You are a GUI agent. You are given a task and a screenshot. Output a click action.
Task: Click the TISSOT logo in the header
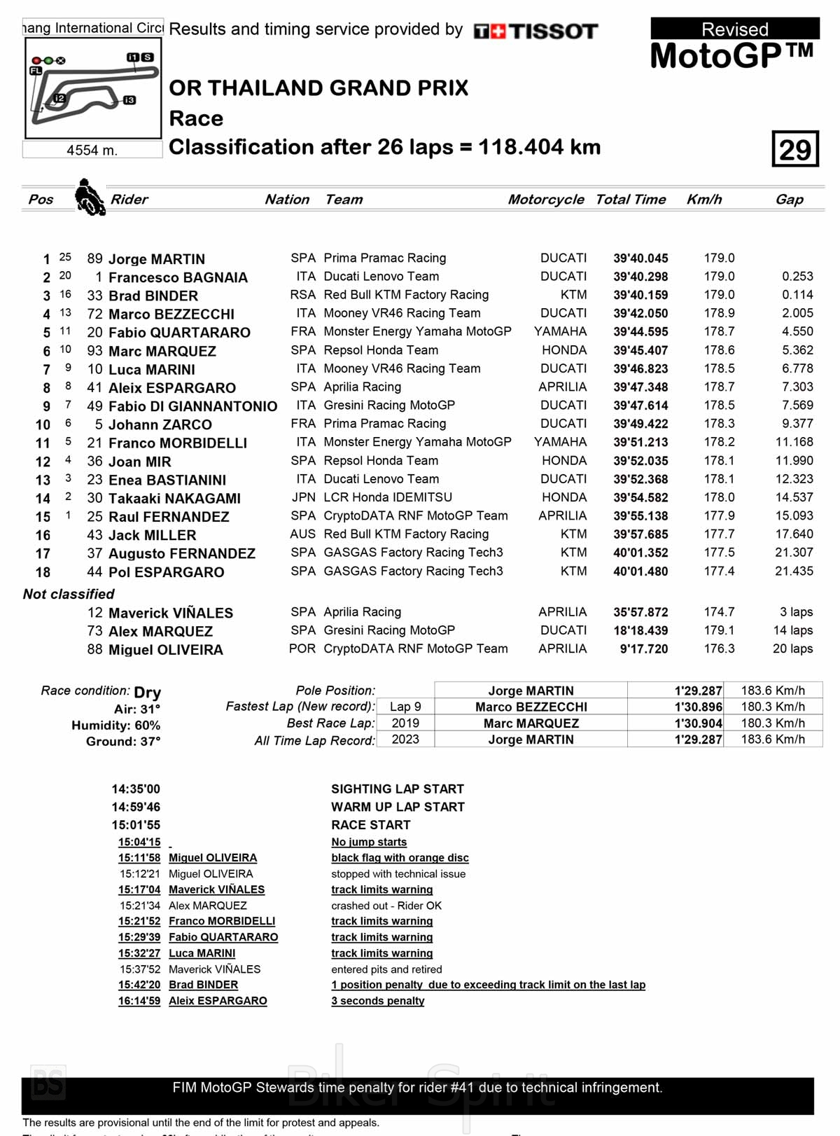pos(536,31)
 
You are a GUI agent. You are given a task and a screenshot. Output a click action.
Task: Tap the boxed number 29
pos(795,149)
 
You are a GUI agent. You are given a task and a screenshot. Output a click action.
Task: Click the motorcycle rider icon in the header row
pos(90,198)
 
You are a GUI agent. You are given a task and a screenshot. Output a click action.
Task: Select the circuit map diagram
pos(93,88)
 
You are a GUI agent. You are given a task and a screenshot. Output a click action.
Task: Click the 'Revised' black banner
pos(735,29)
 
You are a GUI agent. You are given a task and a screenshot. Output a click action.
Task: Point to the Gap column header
pos(789,200)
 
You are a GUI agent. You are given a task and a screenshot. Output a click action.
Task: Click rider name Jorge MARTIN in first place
pos(156,259)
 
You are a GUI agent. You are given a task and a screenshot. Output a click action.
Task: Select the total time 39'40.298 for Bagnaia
pos(640,277)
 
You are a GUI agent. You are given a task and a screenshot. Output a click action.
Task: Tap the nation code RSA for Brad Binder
pos(302,295)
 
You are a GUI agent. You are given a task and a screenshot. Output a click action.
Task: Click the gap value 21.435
pos(794,571)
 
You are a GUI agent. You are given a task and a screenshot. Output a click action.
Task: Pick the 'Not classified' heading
pos(69,594)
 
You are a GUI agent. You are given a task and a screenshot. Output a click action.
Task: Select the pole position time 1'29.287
pos(698,691)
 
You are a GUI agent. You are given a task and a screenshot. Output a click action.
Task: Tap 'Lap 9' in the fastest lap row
pos(405,707)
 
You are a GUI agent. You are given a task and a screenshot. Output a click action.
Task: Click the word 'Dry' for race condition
pos(147,692)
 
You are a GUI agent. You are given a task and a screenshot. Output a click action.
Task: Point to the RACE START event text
pos(371,825)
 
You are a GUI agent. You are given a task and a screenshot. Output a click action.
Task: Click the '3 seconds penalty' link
pos(377,1001)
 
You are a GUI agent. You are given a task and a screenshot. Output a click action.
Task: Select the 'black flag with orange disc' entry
pos(400,858)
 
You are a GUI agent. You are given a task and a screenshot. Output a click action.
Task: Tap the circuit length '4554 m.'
pos(92,150)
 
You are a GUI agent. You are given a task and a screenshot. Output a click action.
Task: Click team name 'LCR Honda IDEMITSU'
pos(388,497)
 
